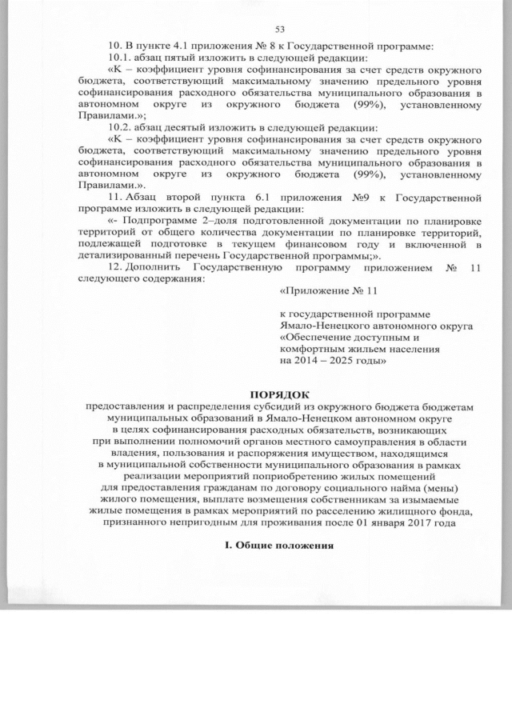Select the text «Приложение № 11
coord(317,293)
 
